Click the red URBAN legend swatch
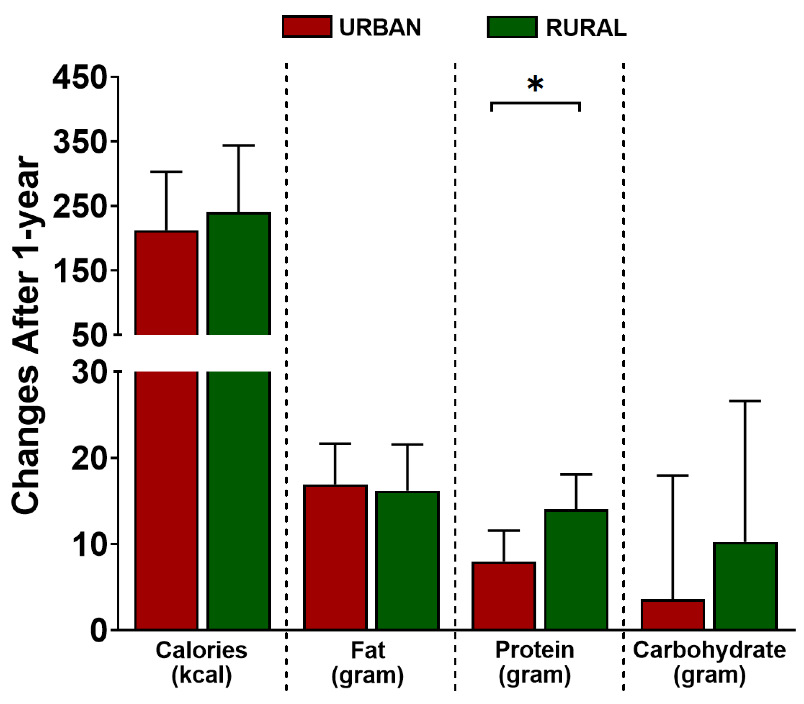tap(307, 27)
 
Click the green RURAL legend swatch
tap(512, 27)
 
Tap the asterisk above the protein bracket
tap(535, 84)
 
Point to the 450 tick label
tap(80, 77)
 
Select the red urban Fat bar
tap(335, 558)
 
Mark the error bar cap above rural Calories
tap(238, 145)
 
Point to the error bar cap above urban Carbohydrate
tap(672, 475)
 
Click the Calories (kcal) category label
tap(202, 662)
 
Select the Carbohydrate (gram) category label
tap(709, 662)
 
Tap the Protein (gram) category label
tap(534, 662)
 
